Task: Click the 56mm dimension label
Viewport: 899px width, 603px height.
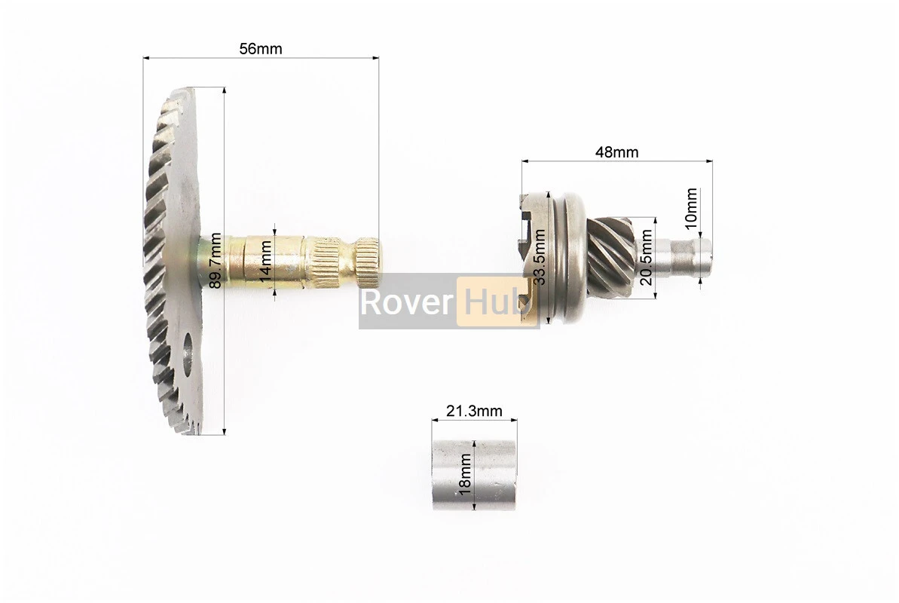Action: [x=261, y=49]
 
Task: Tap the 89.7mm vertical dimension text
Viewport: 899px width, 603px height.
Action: [x=215, y=260]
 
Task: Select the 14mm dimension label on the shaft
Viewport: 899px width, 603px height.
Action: [x=265, y=261]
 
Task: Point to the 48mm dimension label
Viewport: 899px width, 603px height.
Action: [x=617, y=152]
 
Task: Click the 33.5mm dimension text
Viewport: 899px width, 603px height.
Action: [x=539, y=257]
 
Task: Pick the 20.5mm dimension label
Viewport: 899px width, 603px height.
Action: [x=646, y=257]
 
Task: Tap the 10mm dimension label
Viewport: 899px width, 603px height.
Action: [x=692, y=208]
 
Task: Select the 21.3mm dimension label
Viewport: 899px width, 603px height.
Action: [x=474, y=411]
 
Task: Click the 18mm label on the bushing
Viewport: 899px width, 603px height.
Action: [x=465, y=474]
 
